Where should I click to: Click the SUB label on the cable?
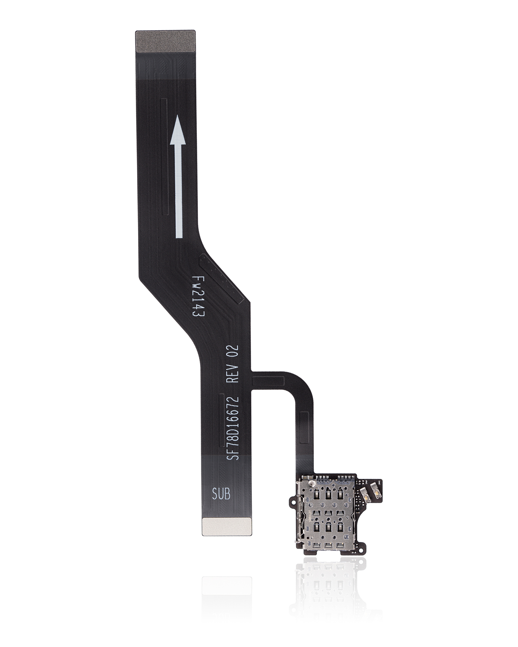tap(221, 494)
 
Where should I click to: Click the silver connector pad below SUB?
tap(227, 526)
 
